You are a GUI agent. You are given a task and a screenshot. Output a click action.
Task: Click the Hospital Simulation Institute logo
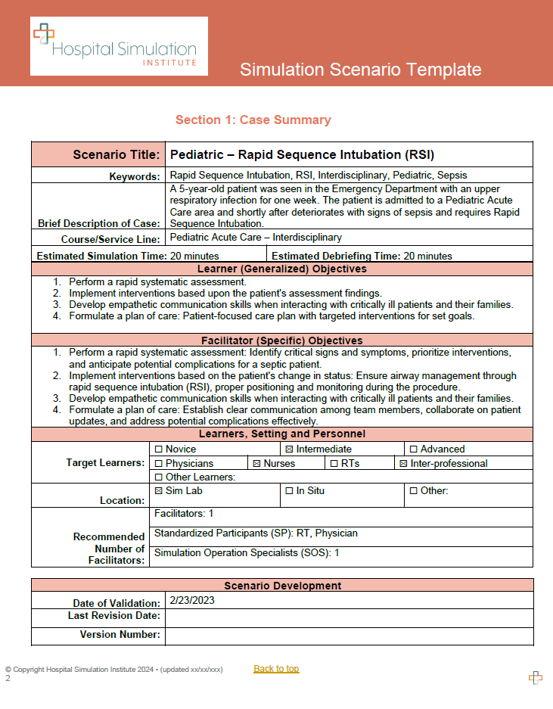(x=119, y=47)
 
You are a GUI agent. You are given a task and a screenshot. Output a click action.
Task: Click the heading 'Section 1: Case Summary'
(x=253, y=120)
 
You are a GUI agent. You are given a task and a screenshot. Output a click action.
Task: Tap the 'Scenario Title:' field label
(x=117, y=155)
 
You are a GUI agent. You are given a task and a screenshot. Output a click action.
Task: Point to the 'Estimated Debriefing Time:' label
(x=337, y=257)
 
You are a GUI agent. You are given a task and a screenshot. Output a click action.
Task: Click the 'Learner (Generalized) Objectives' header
(x=281, y=269)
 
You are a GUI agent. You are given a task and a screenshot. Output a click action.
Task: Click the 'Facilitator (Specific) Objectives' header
(x=281, y=341)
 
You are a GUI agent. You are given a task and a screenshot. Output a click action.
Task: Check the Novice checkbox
(x=158, y=449)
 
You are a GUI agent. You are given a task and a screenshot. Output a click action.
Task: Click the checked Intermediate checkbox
(x=289, y=449)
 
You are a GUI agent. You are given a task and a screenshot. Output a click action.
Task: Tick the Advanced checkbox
(x=413, y=449)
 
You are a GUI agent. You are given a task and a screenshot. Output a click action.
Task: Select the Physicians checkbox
(x=158, y=463)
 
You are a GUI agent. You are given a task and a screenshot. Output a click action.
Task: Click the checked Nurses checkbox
(x=256, y=463)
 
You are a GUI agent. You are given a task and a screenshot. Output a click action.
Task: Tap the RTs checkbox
(x=334, y=463)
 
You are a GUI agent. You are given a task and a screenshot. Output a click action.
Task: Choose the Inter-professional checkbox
(x=403, y=463)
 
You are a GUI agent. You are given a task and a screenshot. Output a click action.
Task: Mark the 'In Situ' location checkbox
(x=289, y=491)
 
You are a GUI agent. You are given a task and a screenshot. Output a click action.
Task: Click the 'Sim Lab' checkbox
(x=158, y=491)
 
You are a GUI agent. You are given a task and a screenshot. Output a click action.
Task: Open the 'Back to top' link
(x=276, y=668)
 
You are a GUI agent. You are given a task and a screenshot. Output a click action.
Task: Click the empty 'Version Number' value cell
(x=349, y=636)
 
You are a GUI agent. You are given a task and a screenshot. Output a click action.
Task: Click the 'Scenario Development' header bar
(x=281, y=586)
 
